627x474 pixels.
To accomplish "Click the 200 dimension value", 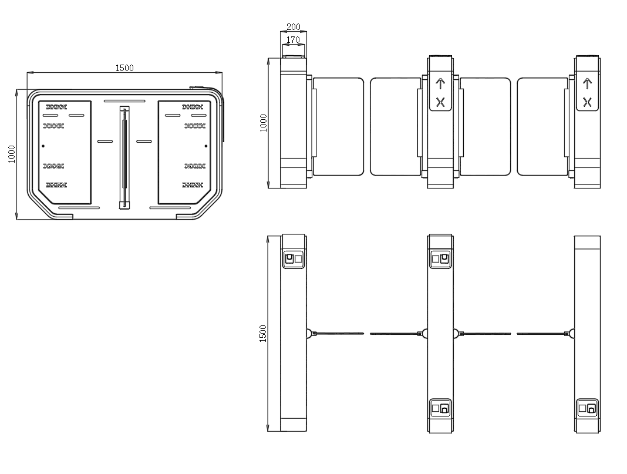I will click(x=294, y=27).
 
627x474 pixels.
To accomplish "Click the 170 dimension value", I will click(x=294, y=40).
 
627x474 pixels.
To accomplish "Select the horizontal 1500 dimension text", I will click(x=124, y=68).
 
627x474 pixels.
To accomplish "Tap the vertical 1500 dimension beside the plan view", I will click(x=263, y=333).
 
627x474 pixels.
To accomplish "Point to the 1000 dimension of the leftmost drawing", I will click(x=12, y=154).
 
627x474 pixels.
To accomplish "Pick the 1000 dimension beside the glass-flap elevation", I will click(x=264, y=123).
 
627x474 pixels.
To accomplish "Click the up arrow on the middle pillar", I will click(x=440, y=83).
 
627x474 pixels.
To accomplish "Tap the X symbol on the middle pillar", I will click(x=440, y=102).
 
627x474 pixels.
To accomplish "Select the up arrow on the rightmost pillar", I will click(x=587, y=83).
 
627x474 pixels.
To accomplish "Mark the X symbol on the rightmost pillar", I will click(x=587, y=102).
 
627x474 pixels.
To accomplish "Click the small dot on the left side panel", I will click(x=43, y=146).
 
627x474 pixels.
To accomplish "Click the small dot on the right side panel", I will click(x=206, y=146).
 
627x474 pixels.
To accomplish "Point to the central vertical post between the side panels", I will click(x=124, y=157).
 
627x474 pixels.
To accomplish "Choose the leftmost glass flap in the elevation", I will click(x=339, y=126).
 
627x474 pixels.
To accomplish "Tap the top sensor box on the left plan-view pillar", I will click(x=294, y=258).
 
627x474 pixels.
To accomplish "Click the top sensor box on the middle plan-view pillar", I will click(x=440, y=258).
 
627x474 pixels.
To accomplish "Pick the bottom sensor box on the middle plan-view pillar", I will click(x=440, y=408).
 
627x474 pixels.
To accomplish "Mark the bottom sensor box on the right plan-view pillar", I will click(x=587, y=408).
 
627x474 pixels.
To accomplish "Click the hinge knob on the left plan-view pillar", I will click(x=309, y=334).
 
